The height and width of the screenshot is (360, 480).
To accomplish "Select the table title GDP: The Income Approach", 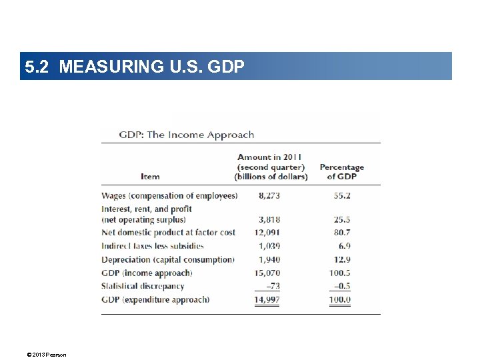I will click(x=187, y=135).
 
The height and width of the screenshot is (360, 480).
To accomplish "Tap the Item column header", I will click(x=150, y=177).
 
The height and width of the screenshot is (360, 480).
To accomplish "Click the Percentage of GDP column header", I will click(x=341, y=172).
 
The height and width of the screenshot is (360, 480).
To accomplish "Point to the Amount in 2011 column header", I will click(x=271, y=167).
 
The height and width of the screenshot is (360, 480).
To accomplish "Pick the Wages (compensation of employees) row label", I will click(x=169, y=196).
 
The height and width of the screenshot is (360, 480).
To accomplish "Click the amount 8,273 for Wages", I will click(x=269, y=196).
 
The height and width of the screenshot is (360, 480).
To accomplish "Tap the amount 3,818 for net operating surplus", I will click(x=269, y=219).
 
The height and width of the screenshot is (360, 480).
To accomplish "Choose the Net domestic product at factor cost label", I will click(x=168, y=233).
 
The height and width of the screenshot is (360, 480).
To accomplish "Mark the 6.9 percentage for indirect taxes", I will click(x=344, y=246).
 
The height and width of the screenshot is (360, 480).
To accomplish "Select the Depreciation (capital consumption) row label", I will click(x=168, y=259).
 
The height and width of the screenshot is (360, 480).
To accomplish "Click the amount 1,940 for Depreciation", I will click(x=269, y=259).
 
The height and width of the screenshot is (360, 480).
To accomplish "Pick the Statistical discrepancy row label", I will click(x=143, y=286).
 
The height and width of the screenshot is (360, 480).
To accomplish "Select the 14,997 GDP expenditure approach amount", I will click(x=267, y=300).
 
